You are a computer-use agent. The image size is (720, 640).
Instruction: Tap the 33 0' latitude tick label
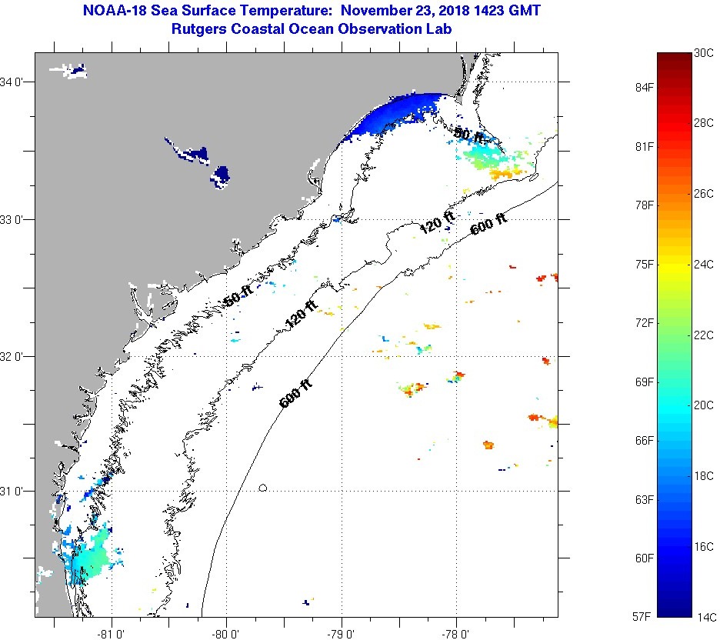(x=15, y=219)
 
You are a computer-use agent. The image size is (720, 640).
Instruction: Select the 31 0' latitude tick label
(x=15, y=491)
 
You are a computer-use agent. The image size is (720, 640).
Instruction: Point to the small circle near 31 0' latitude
(x=263, y=488)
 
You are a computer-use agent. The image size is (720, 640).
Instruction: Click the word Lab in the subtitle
(x=438, y=28)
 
